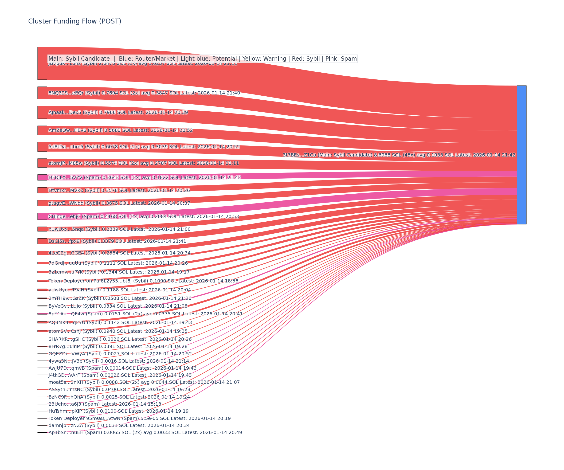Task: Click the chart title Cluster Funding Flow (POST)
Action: [x=75, y=21]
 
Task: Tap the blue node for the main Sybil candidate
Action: [x=521, y=155]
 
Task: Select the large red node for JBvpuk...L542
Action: [x=42, y=63]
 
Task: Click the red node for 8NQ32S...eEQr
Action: [x=42, y=93]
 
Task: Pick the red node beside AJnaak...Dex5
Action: [x=42, y=112]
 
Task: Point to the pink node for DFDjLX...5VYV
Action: [x=42, y=177]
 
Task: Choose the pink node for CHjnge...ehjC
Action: [x=42, y=216]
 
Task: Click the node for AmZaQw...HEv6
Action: [x=42, y=130]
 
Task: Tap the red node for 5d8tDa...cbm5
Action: [x=42, y=147]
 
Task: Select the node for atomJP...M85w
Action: [x=42, y=163]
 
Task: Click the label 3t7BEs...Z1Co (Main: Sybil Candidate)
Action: [x=399, y=155]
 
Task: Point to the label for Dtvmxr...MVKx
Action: [x=119, y=190]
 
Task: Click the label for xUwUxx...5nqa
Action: [x=119, y=229]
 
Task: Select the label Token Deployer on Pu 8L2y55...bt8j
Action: [x=143, y=281]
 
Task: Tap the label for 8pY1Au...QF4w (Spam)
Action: [x=145, y=314]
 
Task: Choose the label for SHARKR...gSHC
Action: [x=120, y=339]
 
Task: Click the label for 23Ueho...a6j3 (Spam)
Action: [x=105, y=404]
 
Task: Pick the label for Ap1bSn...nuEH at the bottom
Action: [x=145, y=432]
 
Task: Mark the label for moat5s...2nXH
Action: [x=144, y=382]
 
